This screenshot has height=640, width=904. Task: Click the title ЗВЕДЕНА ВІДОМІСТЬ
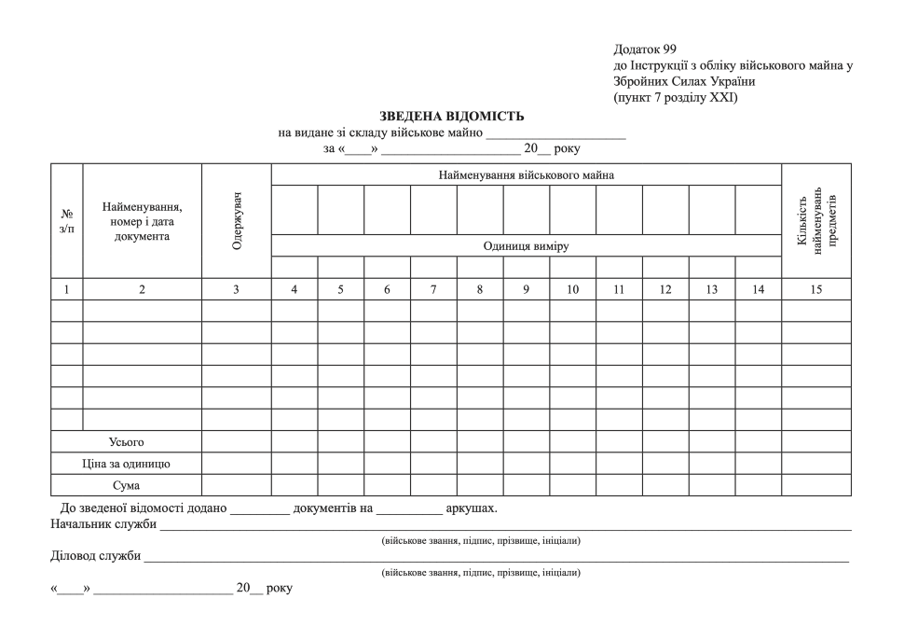(x=452, y=117)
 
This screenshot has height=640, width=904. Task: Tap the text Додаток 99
(x=645, y=49)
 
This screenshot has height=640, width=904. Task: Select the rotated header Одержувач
(x=237, y=221)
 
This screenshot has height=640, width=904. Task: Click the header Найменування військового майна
(x=526, y=174)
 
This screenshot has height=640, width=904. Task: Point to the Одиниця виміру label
(x=526, y=246)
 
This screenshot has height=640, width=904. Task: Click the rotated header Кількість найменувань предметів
(x=816, y=221)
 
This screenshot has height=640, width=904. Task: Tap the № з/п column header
(x=66, y=221)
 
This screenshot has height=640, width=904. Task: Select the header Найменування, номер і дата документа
(x=143, y=221)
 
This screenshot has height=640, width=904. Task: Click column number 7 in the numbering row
(x=433, y=289)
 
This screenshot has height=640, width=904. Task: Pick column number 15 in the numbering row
(x=815, y=289)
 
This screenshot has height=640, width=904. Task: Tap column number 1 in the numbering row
(x=66, y=289)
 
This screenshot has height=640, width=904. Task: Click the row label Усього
(x=127, y=441)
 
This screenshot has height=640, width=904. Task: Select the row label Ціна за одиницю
(x=127, y=463)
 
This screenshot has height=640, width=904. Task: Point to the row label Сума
(x=127, y=485)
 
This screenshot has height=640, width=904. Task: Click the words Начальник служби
(x=103, y=524)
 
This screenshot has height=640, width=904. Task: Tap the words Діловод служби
(x=95, y=556)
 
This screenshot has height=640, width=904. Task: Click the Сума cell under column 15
(x=815, y=485)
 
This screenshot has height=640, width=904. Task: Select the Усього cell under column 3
(x=237, y=441)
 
